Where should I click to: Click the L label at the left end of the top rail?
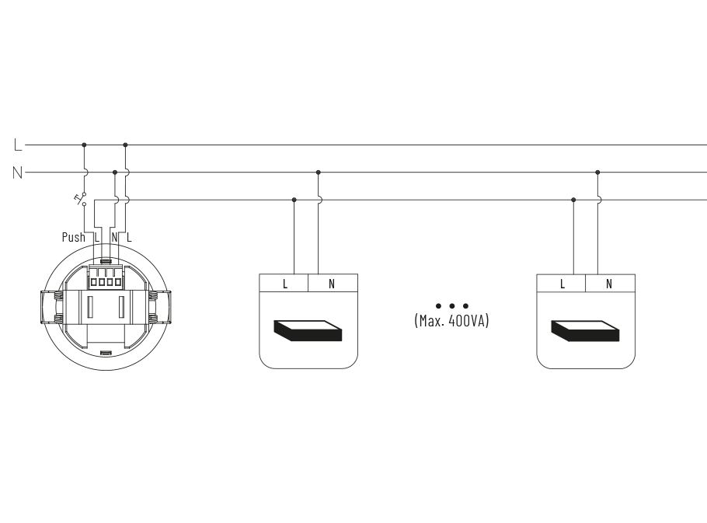click(18, 145)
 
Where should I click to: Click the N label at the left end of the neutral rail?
click(18, 173)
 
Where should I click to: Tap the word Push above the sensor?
click(74, 237)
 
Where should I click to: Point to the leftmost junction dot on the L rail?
click(84, 145)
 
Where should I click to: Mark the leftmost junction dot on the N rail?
click(115, 173)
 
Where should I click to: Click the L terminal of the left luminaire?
click(284, 284)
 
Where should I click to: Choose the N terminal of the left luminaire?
click(333, 284)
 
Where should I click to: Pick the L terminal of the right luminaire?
click(562, 284)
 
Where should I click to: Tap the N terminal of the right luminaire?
click(610, 284)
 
